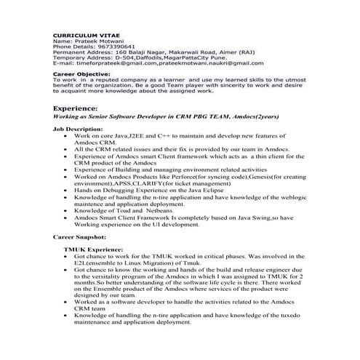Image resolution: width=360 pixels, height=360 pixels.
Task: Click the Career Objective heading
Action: click(x=82, y=73)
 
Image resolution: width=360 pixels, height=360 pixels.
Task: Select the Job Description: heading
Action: click(x=78, y=128)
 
